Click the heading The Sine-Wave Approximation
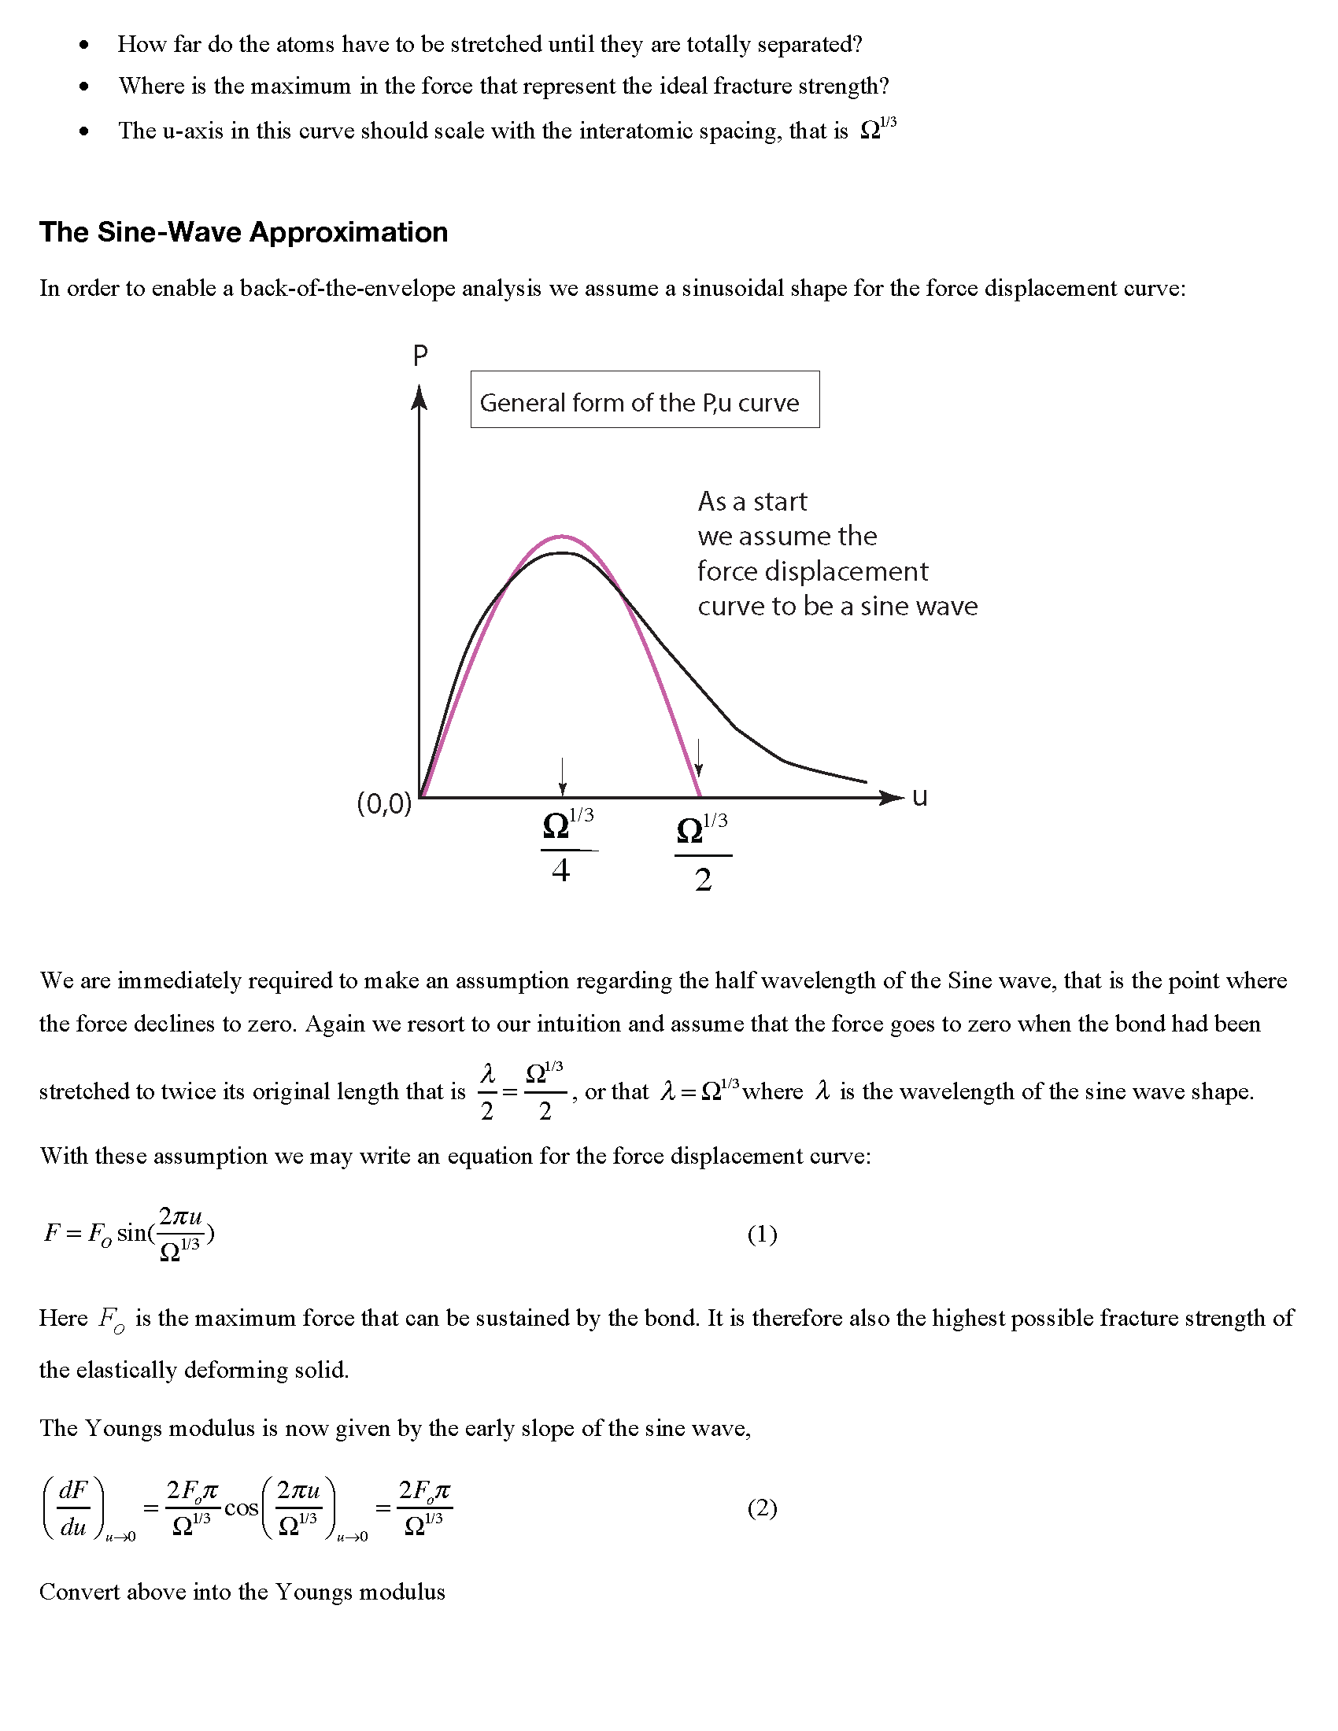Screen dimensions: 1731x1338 243,232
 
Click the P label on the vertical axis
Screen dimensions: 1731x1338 420,356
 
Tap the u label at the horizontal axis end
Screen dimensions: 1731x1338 919,796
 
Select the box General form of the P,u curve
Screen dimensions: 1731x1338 645,400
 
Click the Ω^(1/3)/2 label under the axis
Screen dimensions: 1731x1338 702,853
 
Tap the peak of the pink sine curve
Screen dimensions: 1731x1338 561,537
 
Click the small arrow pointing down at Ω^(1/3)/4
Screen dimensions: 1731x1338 562,777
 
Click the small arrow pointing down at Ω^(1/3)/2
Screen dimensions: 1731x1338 698,758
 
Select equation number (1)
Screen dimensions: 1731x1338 762,1234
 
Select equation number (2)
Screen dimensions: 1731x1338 762,1508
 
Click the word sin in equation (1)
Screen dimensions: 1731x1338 131,1232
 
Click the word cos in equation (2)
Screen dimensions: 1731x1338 241,1508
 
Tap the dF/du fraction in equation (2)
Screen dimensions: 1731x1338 74,1508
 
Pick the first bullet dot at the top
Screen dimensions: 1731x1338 84,45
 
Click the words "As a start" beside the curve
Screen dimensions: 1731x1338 752,501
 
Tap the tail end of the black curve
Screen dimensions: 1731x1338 866,781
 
